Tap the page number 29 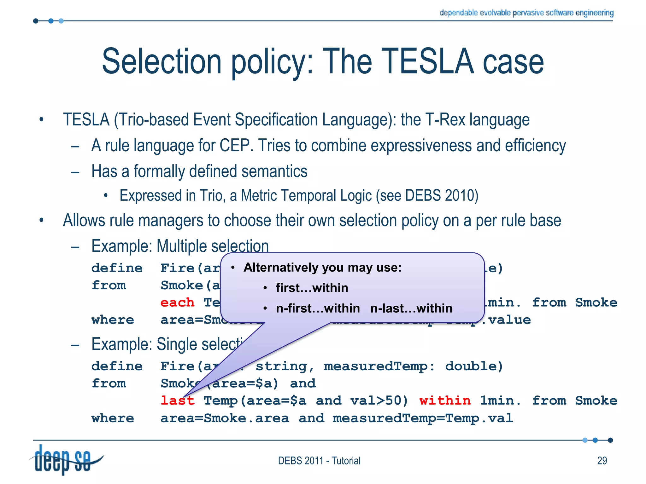pos(602,461)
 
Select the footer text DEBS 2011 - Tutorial pos(319,461)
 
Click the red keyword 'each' pos(177,302)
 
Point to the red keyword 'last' pos(177,401)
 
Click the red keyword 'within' pos(445,401)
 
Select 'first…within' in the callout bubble pos(312,288)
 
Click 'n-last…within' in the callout pos(411,308)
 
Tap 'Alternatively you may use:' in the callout pos(322,268)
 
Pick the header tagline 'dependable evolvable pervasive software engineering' pos(526,13)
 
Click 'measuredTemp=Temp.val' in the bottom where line pos(423,418)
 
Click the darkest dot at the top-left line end pos(36,21)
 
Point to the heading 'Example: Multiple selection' pos(180,246)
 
